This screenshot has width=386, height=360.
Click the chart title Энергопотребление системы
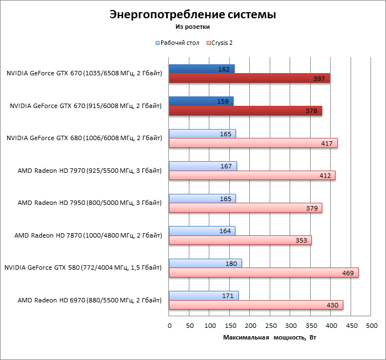tap(192, 14)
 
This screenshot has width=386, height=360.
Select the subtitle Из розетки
tap(192, 26)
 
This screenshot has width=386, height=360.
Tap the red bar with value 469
tap(264, 272)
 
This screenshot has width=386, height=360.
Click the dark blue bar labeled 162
tap(202, 69)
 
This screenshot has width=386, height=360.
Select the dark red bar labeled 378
tap(245, 111)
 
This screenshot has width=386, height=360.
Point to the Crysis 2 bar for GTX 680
tap(253, 143)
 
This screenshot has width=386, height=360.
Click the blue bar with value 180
tap(205, 263)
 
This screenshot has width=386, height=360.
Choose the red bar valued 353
tap(240, 240)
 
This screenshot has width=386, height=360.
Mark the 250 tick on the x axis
tap(270, 326)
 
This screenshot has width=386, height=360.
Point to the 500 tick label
tap(371, 326)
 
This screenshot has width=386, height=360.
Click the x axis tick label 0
tap(169, 326)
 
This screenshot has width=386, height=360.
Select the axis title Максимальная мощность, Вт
tap(270, 337)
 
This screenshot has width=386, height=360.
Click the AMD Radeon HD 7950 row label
tap(90, 203)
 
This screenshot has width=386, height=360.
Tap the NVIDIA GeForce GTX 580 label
tap(83, 268)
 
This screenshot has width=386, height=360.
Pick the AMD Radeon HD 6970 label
tap(90, 300)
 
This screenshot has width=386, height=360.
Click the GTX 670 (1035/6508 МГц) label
tap(85, 73)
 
